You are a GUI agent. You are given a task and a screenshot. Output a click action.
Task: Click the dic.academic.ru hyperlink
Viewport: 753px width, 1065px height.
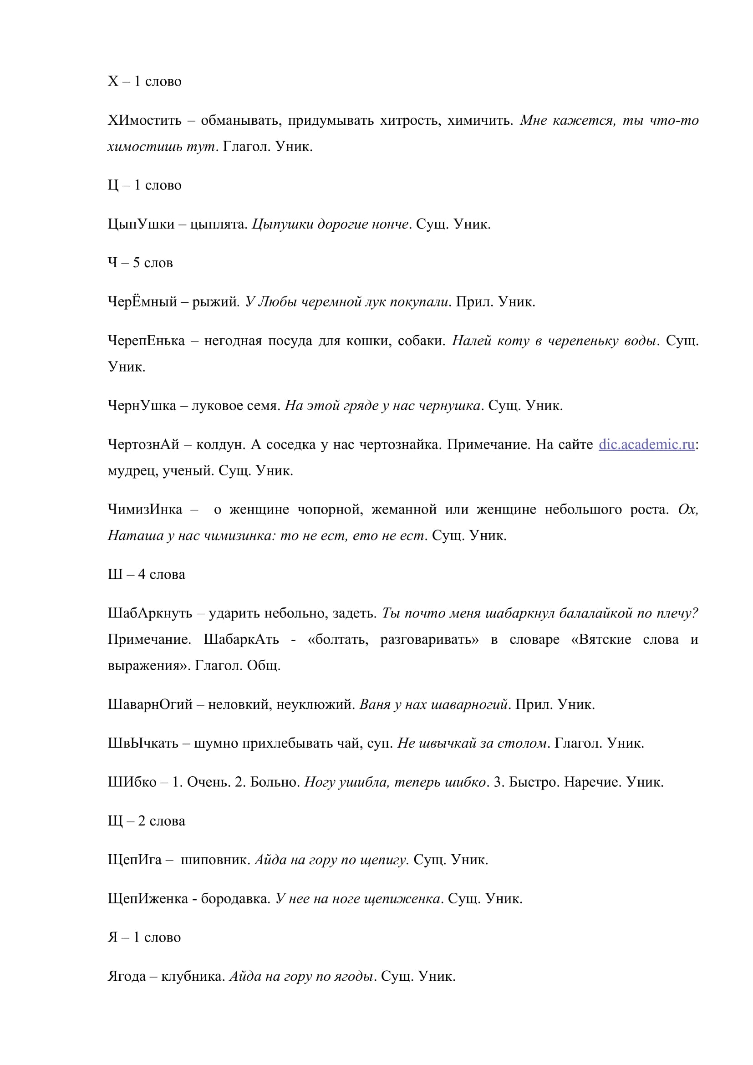646,444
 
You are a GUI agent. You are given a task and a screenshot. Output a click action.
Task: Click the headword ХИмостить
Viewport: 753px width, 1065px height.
145,121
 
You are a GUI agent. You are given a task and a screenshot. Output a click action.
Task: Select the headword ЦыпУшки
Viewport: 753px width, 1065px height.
141,224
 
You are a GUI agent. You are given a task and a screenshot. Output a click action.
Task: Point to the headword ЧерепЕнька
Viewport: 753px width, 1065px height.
146,341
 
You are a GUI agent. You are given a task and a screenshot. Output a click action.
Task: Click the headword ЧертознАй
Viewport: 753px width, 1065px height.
143,445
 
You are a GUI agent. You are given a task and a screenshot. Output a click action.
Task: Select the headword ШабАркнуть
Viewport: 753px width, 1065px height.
150,614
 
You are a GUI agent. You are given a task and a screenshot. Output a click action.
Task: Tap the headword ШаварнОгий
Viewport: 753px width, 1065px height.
150,704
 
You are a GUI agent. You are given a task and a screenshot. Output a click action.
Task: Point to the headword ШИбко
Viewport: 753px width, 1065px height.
132,783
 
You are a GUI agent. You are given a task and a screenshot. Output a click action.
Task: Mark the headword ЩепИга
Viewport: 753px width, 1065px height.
134,860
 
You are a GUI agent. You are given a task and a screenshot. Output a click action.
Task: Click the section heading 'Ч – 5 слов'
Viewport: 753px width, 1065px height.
140,263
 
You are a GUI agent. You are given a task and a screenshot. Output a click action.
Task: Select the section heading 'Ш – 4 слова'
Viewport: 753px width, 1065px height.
146,575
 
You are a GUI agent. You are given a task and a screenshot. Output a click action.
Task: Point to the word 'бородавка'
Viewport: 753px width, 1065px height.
235,899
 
